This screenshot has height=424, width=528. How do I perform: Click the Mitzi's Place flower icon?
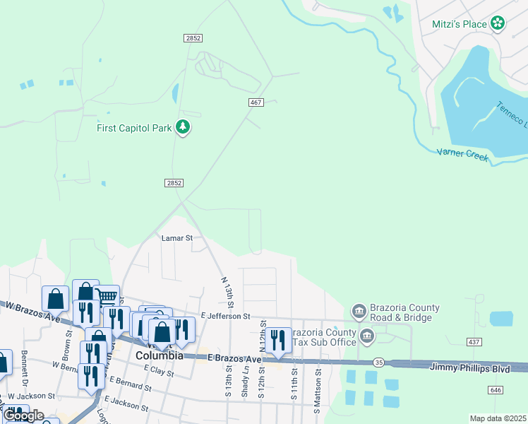click(498, 23)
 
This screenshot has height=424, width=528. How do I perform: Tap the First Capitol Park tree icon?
click(184, 128)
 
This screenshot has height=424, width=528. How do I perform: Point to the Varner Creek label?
click(462, 153)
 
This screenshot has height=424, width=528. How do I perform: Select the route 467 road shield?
click(256, 103)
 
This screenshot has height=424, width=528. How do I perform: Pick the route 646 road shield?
click(496, 389)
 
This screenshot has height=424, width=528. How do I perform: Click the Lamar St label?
click(176, 239)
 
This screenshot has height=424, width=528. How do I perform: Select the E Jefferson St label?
click(225, 316)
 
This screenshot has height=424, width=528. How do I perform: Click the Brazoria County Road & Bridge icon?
click(358, 312)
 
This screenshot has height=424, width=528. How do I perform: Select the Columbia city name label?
click(160, 355)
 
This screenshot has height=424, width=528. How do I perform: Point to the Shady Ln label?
click(246, 381)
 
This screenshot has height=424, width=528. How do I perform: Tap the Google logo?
click(23, 416)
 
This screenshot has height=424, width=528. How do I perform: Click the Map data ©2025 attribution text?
click(498, 418)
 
